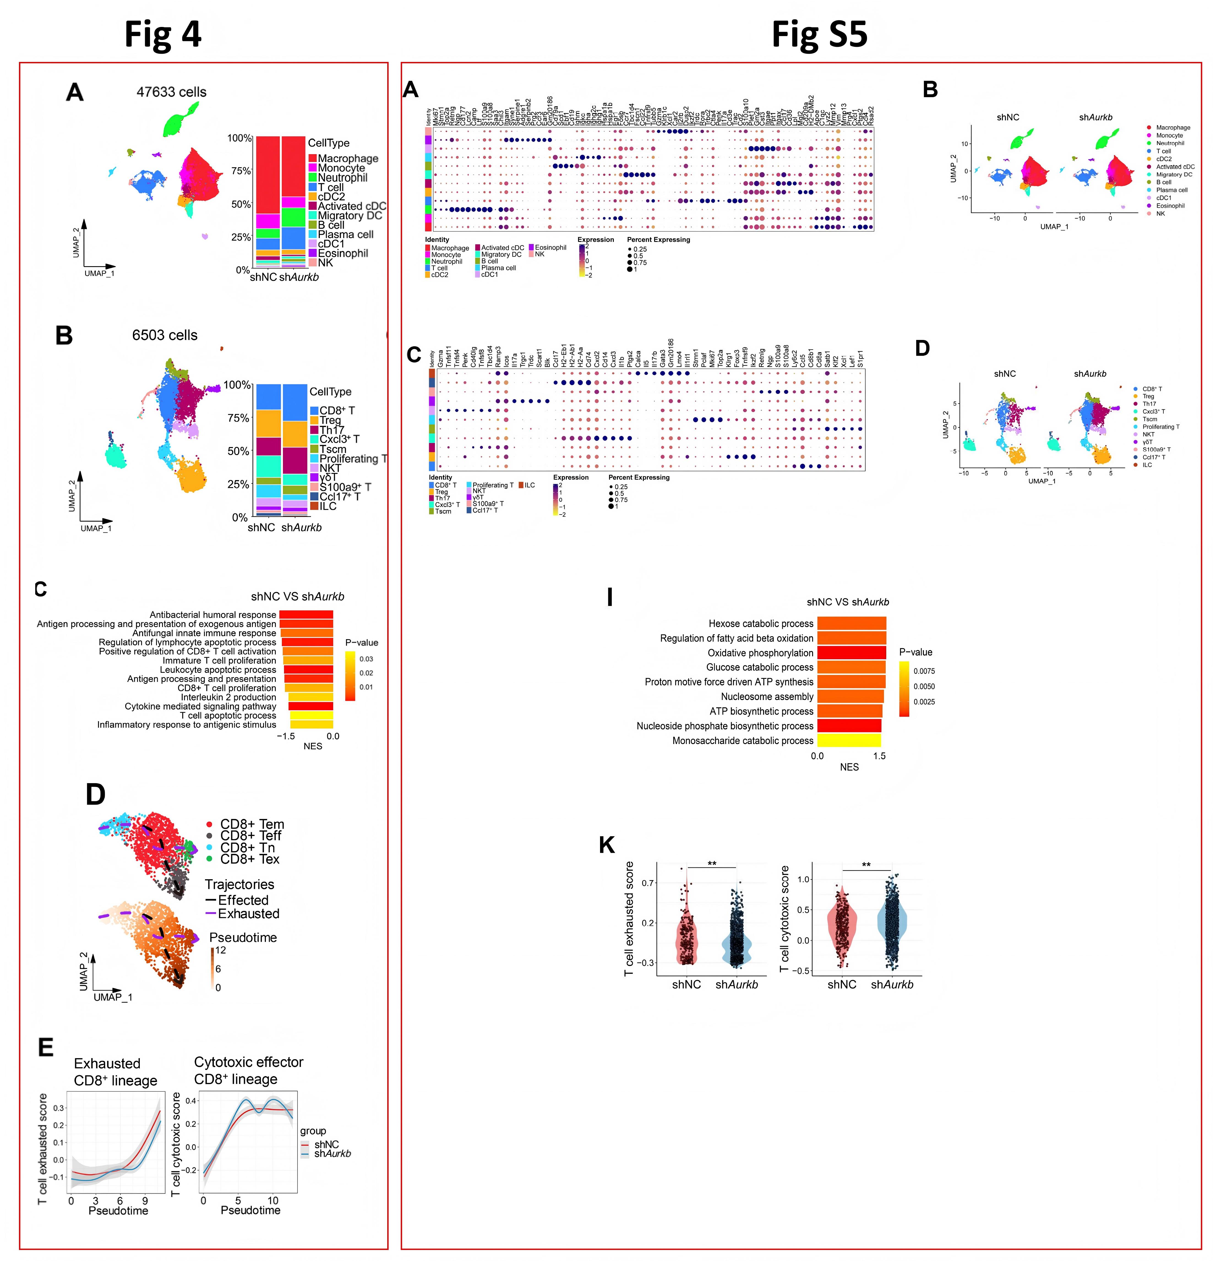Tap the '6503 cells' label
pos(165,335)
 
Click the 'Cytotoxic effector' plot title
pos(248,1062)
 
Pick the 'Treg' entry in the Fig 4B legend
pos(330,420)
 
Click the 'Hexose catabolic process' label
pos(761,623)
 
